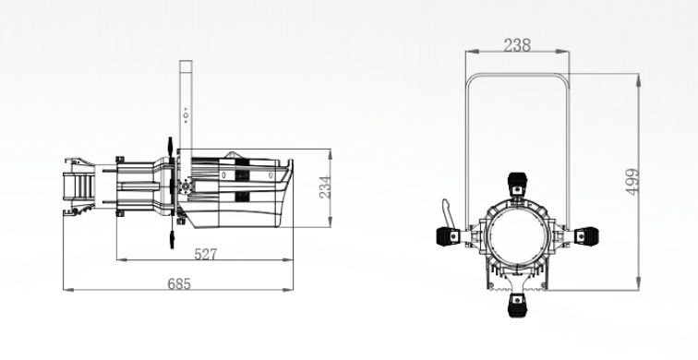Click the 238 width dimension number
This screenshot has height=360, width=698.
pos(517,45)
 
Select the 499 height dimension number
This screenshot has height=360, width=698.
pos(632,182)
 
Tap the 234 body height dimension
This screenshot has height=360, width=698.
pos(325,187)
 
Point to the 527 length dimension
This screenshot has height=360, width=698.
pos(206,254)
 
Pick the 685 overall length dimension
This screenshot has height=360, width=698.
pos(179,284)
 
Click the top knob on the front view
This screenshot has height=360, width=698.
pos(517,184)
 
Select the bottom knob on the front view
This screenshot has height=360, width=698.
pos(516,306)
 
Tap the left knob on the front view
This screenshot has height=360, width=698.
pos(449,236)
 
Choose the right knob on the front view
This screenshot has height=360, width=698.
pos(586,236)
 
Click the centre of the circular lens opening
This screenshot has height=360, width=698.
pos(517,236)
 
